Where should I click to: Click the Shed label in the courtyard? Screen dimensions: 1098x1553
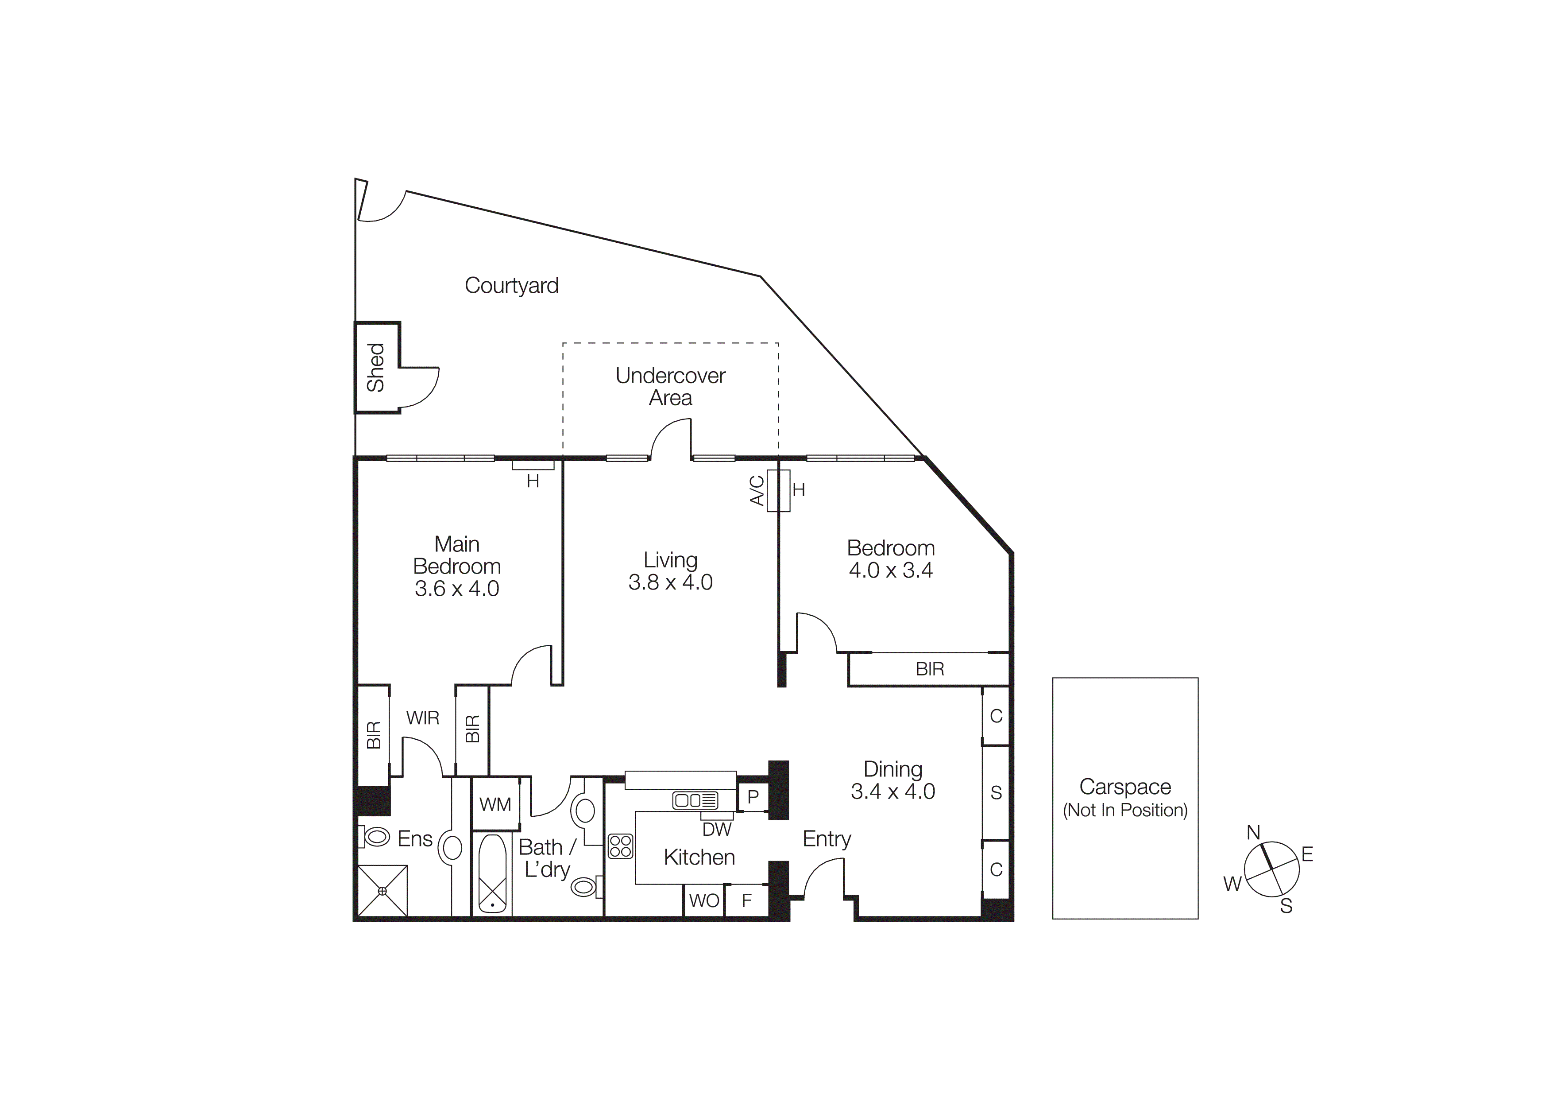pos(375,367)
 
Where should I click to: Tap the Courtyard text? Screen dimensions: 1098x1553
pos(511,286)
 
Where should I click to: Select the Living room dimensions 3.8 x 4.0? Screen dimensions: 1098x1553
pos(670,582)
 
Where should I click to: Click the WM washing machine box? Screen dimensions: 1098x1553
pos(495,804)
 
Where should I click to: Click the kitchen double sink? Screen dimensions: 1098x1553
pos(695,801)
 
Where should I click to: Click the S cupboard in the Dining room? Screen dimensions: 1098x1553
pos(996,793)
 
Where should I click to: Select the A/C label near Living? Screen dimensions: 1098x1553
pos(757,490)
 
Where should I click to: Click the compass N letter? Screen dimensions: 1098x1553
pos(1253,833)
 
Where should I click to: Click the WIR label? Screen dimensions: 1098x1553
pos(423,718)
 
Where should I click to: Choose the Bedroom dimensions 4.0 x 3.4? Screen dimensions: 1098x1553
pos(890,570)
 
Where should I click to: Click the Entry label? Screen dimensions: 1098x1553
pos(826,839)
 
